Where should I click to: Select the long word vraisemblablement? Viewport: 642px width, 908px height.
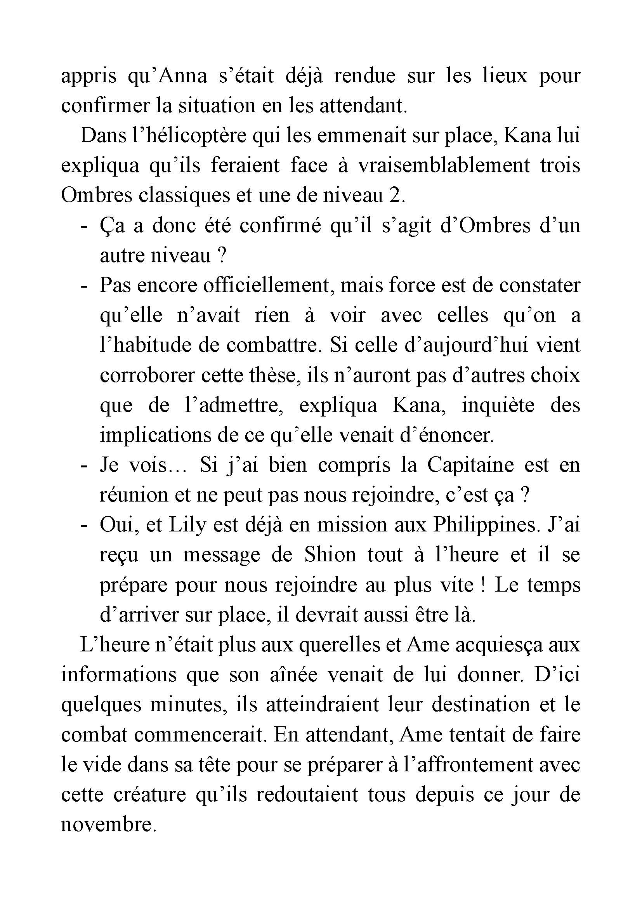tap(444, 166)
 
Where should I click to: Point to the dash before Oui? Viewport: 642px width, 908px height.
tap(83, 526)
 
